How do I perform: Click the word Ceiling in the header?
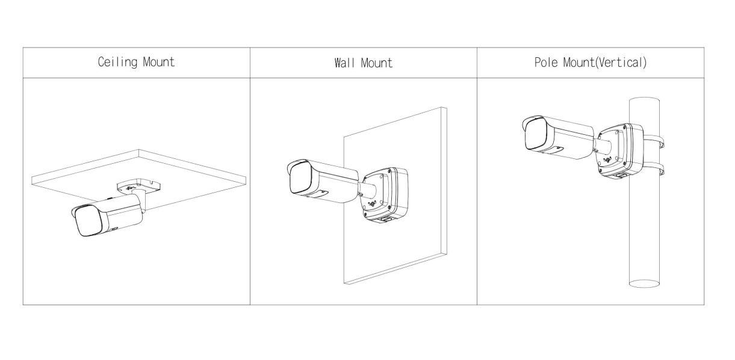(117, 63)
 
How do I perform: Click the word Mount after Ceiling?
(159, 61)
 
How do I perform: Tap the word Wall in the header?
(344, 63)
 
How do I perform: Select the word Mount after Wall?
(376, 63)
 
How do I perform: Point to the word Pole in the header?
(545, 62)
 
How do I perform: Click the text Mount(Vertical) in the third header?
(605, 63)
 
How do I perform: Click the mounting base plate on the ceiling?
(139, 185)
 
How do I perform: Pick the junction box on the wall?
(385, 195)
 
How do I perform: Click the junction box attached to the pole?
(620, 151)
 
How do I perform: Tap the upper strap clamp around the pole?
(654, 140)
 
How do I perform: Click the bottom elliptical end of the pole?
(644, 284)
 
